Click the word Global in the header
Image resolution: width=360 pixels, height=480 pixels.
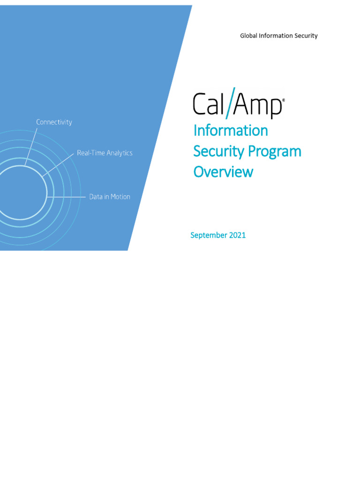pyautogui.click(x=248, y=36)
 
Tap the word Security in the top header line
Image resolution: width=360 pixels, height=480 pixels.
pyautogui.click(x=306, y=36)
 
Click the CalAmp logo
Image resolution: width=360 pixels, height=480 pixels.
pyautogui.click(x=239, y=103)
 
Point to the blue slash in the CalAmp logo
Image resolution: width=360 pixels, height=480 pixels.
pyautogui.click(x=230, y=103)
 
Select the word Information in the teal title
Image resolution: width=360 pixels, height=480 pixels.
pyautogui.click(x=231, y=131)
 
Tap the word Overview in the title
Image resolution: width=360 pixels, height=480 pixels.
pyautogui.click(x=224, y=172)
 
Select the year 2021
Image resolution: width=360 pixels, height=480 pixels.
pyautogui.click(x=238, y=235)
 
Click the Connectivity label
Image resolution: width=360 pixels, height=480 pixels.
pyautogui.click(x=54, y=122)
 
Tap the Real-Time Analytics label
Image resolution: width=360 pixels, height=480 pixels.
pyautogui.click(x=105, y=153)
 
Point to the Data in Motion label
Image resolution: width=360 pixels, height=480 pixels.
pyautogui.click(x=110, y=196)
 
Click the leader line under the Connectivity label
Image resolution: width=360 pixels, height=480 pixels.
pyautogui.click(x=31, y=147)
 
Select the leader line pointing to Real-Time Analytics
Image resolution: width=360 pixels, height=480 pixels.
pyautogui.click(x=58, y=165)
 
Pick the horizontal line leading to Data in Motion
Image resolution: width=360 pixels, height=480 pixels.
pyautogui.click(x=66, y=197)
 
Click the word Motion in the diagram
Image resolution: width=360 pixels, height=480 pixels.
pyautogui.click(x=120, y=196)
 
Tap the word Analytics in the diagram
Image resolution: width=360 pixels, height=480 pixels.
pyautogui.click(x=120, y=153)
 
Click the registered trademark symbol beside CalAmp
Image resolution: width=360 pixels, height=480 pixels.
pyautogui.click(x=283, y=100)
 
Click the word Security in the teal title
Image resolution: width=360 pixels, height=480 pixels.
pyautogui.click(x=219, y=152)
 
